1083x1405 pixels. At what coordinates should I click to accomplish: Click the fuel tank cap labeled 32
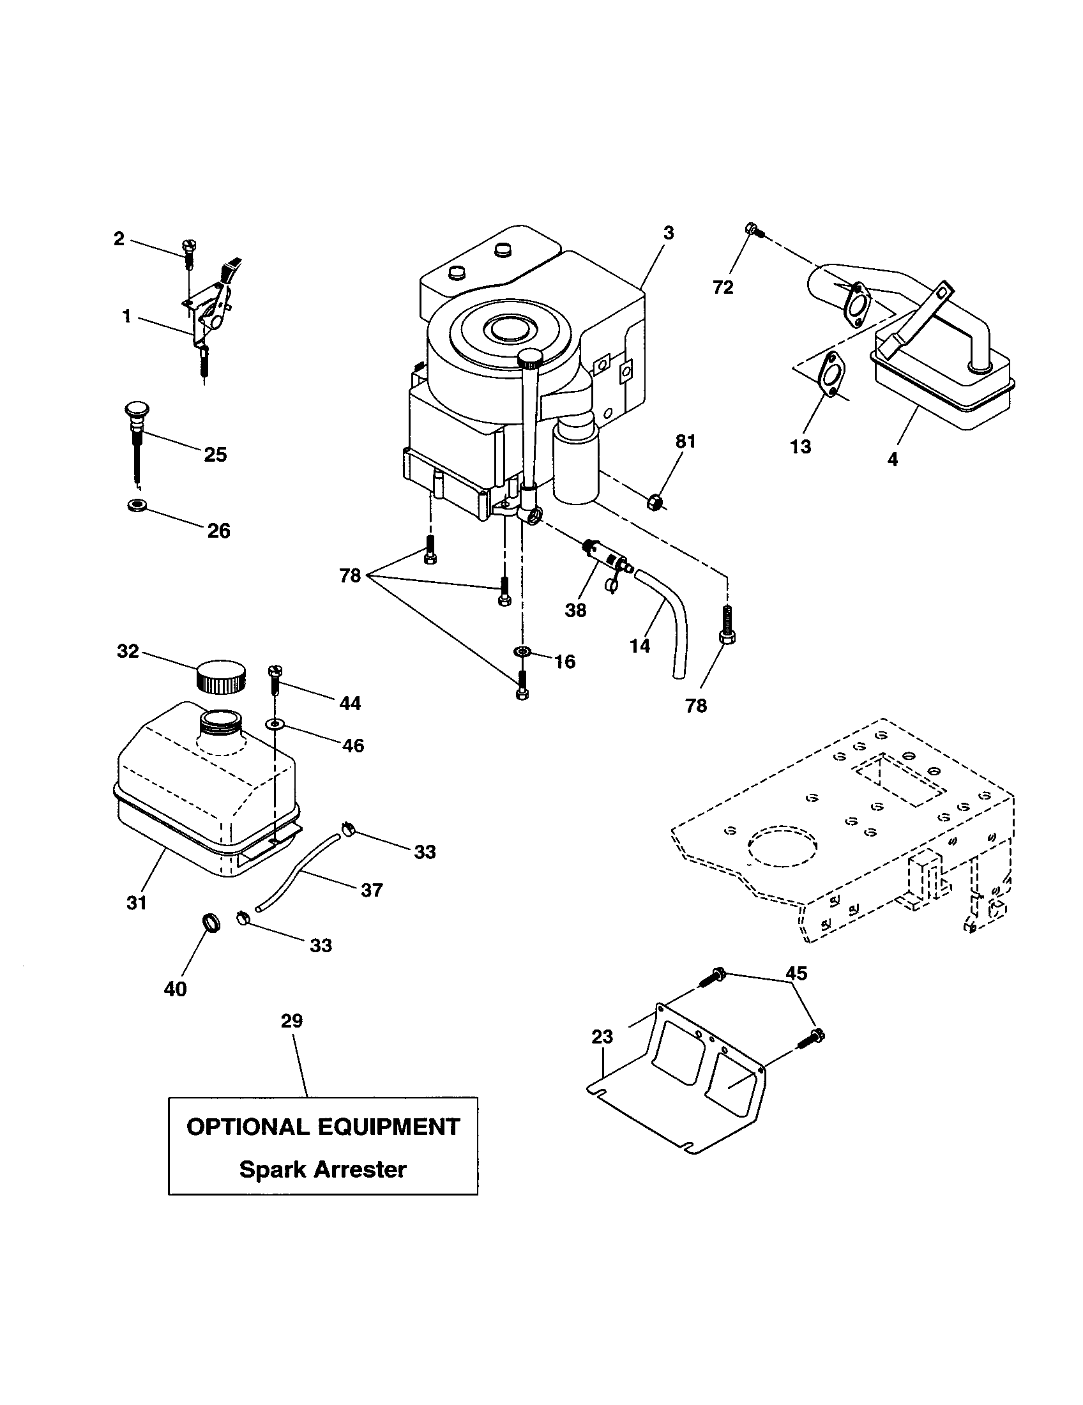coord(220,676)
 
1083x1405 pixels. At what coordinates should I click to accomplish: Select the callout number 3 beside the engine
coord(668,233)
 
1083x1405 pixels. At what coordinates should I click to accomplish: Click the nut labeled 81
coord(654,500)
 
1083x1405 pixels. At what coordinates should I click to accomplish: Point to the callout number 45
coord(796,973)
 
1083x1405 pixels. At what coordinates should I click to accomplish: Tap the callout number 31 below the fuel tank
coord(137,902)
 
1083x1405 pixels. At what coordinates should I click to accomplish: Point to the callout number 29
coord(292,1021)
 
